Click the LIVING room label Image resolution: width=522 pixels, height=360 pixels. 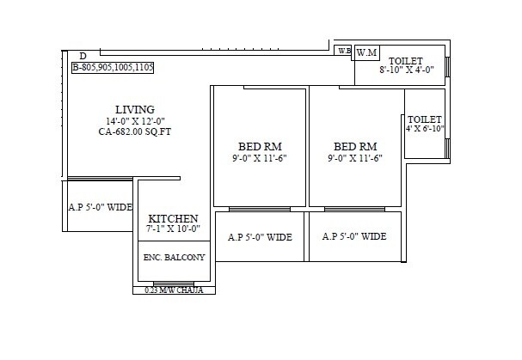coord(135,109)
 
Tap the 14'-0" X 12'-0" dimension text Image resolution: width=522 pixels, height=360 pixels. coord(135,121)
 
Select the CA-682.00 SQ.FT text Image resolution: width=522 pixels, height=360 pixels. coord(135,132)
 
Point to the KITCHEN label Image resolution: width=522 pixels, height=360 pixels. coord(174,218)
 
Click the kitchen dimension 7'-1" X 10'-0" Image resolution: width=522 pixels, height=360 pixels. coord(174,229)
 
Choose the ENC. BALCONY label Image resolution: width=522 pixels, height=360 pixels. coord(175,257)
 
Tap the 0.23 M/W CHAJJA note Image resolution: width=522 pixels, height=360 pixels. coord(174,290)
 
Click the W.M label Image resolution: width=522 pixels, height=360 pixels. coord(367,52)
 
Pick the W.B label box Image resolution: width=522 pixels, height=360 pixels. coord(343,52)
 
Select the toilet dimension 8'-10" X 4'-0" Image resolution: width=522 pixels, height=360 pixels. coord(408,70)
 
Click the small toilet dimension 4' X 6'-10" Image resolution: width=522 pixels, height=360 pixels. coord(425,129)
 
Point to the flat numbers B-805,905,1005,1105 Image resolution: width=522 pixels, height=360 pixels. coord(113,66)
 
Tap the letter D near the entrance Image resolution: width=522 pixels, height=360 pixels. coord(83,55)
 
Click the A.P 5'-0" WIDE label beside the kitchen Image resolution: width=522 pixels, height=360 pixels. coord(101,207)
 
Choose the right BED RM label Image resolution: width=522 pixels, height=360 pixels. coord(356,146)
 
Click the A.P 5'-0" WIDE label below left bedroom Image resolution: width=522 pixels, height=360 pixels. coord(260,237)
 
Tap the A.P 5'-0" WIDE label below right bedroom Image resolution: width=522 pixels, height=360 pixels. coord(355,237)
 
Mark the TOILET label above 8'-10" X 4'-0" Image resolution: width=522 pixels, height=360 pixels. coord(406,60)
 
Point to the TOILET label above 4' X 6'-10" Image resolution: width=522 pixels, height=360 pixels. coord(425,119)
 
